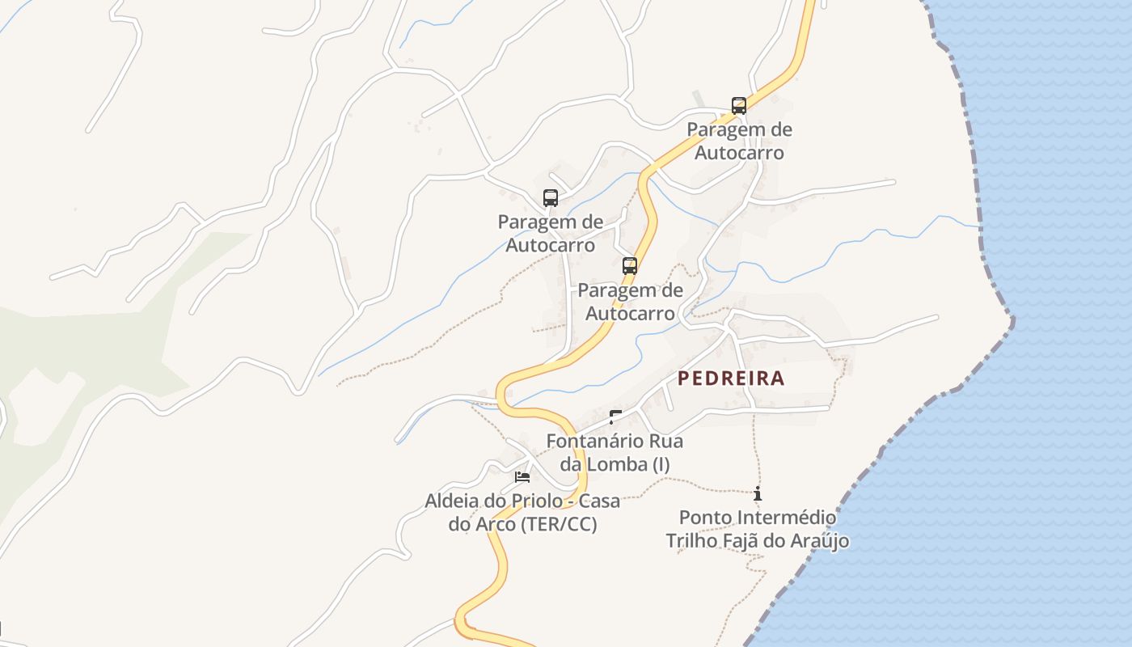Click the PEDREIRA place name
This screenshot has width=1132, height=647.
click(731, 378)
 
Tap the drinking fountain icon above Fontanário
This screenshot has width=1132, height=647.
click(615, 417)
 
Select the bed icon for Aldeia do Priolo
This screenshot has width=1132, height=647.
click(522, 476)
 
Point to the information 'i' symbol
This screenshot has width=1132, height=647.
click(757, 493)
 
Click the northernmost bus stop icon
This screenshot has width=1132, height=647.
click(738, 106)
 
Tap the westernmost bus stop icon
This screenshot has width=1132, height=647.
click(551, 198)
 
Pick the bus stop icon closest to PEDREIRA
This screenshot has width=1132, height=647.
click(629, 266)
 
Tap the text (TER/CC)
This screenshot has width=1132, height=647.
click(559, 524)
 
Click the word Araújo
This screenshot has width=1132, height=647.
click(817, 540)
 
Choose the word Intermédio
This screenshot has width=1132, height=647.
click(781, 517)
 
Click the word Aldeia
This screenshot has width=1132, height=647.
click(454, 501)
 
